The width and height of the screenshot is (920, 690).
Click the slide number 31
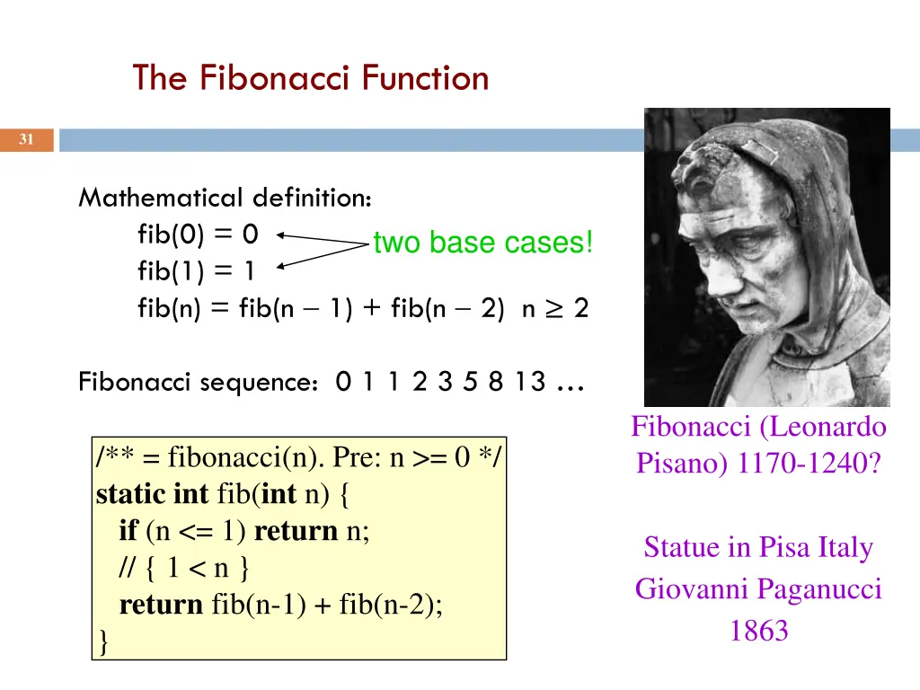tap(26, 139)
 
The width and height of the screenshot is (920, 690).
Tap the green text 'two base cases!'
tap(482, 243)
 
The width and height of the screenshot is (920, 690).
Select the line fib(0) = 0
tap(198, 234)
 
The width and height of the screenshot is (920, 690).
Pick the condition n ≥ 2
tap(554, 309)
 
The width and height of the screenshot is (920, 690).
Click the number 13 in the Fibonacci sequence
tap(530, 382)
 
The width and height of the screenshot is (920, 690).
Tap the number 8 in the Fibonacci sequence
tap(496, 382)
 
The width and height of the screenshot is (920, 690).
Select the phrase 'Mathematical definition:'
tap(226, 197)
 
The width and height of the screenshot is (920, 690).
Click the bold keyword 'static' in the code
tap(130, 494)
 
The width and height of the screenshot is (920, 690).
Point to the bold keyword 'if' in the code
tap(128, 531)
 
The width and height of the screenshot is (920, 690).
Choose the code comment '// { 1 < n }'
tap(184, 568)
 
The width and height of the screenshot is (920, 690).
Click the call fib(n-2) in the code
tap(391, 605)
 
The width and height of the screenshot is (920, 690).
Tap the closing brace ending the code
tap(103, 641)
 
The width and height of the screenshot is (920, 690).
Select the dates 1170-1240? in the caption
tap(808, 464)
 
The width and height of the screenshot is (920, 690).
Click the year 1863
tap(758, 632)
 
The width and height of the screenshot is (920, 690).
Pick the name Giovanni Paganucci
tap(758, 589)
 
